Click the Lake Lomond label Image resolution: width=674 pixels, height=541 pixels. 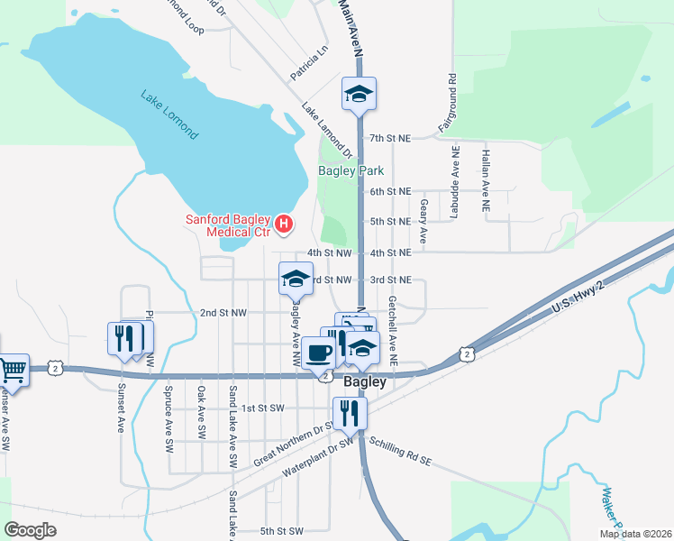point(168,114)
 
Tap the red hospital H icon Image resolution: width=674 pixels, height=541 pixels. point(284,223)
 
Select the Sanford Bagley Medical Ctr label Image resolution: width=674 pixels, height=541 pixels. point(228,225)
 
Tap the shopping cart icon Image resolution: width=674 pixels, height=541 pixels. point(13,368)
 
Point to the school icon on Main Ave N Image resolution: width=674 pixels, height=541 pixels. point(359,93)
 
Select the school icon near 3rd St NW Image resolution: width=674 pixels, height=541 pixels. point(296,279)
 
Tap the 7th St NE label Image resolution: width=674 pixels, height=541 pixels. point(390,139)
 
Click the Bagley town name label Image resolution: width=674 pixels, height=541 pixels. point(366,381)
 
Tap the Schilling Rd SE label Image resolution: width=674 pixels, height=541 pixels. point(401,451)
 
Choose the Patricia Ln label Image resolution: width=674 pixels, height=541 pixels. point(309,64)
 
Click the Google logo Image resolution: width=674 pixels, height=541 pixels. point(31,530)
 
